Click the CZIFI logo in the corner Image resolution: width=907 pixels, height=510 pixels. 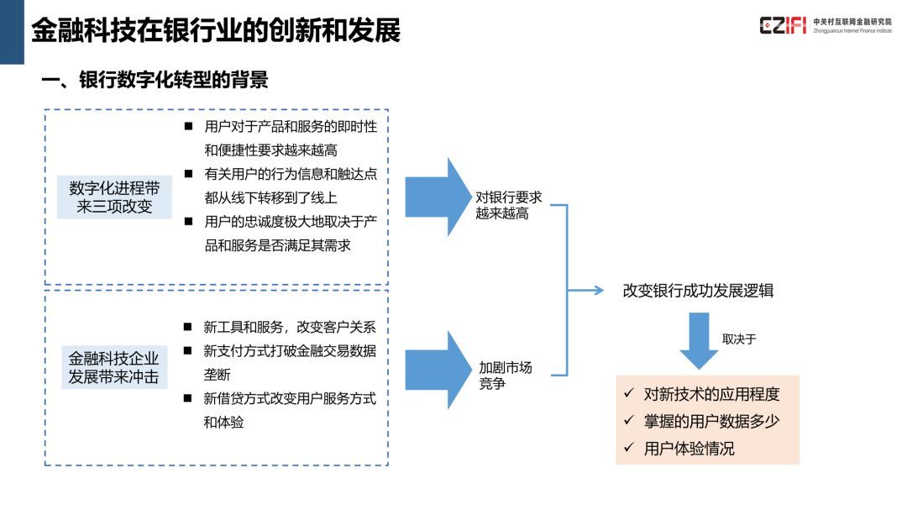tap(826, 25)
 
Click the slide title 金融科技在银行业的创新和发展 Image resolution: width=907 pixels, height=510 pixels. tap(216, 30)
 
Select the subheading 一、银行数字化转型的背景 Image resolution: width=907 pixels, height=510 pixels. tap(155, 80)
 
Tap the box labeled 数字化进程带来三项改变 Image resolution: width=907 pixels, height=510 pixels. tap(114, 197)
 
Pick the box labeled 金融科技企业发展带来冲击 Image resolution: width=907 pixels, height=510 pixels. tap(114, 367)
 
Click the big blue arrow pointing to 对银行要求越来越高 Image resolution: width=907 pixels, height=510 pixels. tap(438, 197)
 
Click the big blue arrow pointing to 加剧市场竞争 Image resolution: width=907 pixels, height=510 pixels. tap(438, 370)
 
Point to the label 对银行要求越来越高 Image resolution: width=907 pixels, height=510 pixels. tap(508, 205)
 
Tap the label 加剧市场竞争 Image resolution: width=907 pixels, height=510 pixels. tap(505, 375)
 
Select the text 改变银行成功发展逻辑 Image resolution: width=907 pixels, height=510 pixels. tap(698, 291)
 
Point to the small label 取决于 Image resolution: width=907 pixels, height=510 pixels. tap(739, 339)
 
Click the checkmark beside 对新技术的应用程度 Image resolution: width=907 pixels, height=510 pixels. tap(629, 393)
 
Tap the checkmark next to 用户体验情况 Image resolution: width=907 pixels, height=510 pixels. tap(629, 448)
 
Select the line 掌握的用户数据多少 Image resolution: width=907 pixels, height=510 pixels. tap(711, 422)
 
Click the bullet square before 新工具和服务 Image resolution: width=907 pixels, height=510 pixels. tap(187, 327)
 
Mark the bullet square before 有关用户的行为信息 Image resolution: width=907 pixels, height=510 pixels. tap(188, 173)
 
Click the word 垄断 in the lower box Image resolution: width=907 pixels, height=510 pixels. tap(217, 375)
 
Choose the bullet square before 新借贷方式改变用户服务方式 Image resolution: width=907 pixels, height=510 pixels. tap(187, 397)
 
